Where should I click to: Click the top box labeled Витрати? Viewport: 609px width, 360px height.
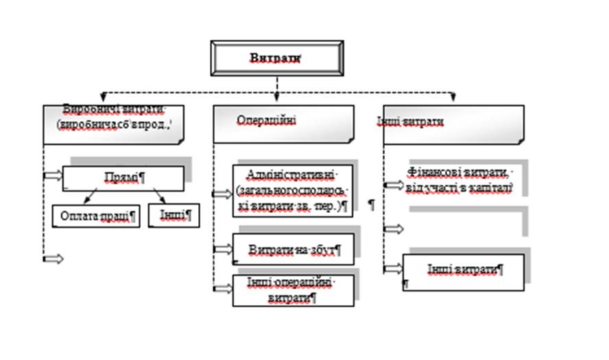276,59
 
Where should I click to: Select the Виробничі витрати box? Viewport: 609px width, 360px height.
113,123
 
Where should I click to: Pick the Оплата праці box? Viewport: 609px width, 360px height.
96,216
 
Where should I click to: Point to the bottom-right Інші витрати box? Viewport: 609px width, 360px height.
464,272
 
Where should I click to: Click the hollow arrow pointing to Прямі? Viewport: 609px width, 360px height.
53,176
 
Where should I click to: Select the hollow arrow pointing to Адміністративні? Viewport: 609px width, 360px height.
222,194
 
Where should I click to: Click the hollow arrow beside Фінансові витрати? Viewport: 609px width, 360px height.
394,185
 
